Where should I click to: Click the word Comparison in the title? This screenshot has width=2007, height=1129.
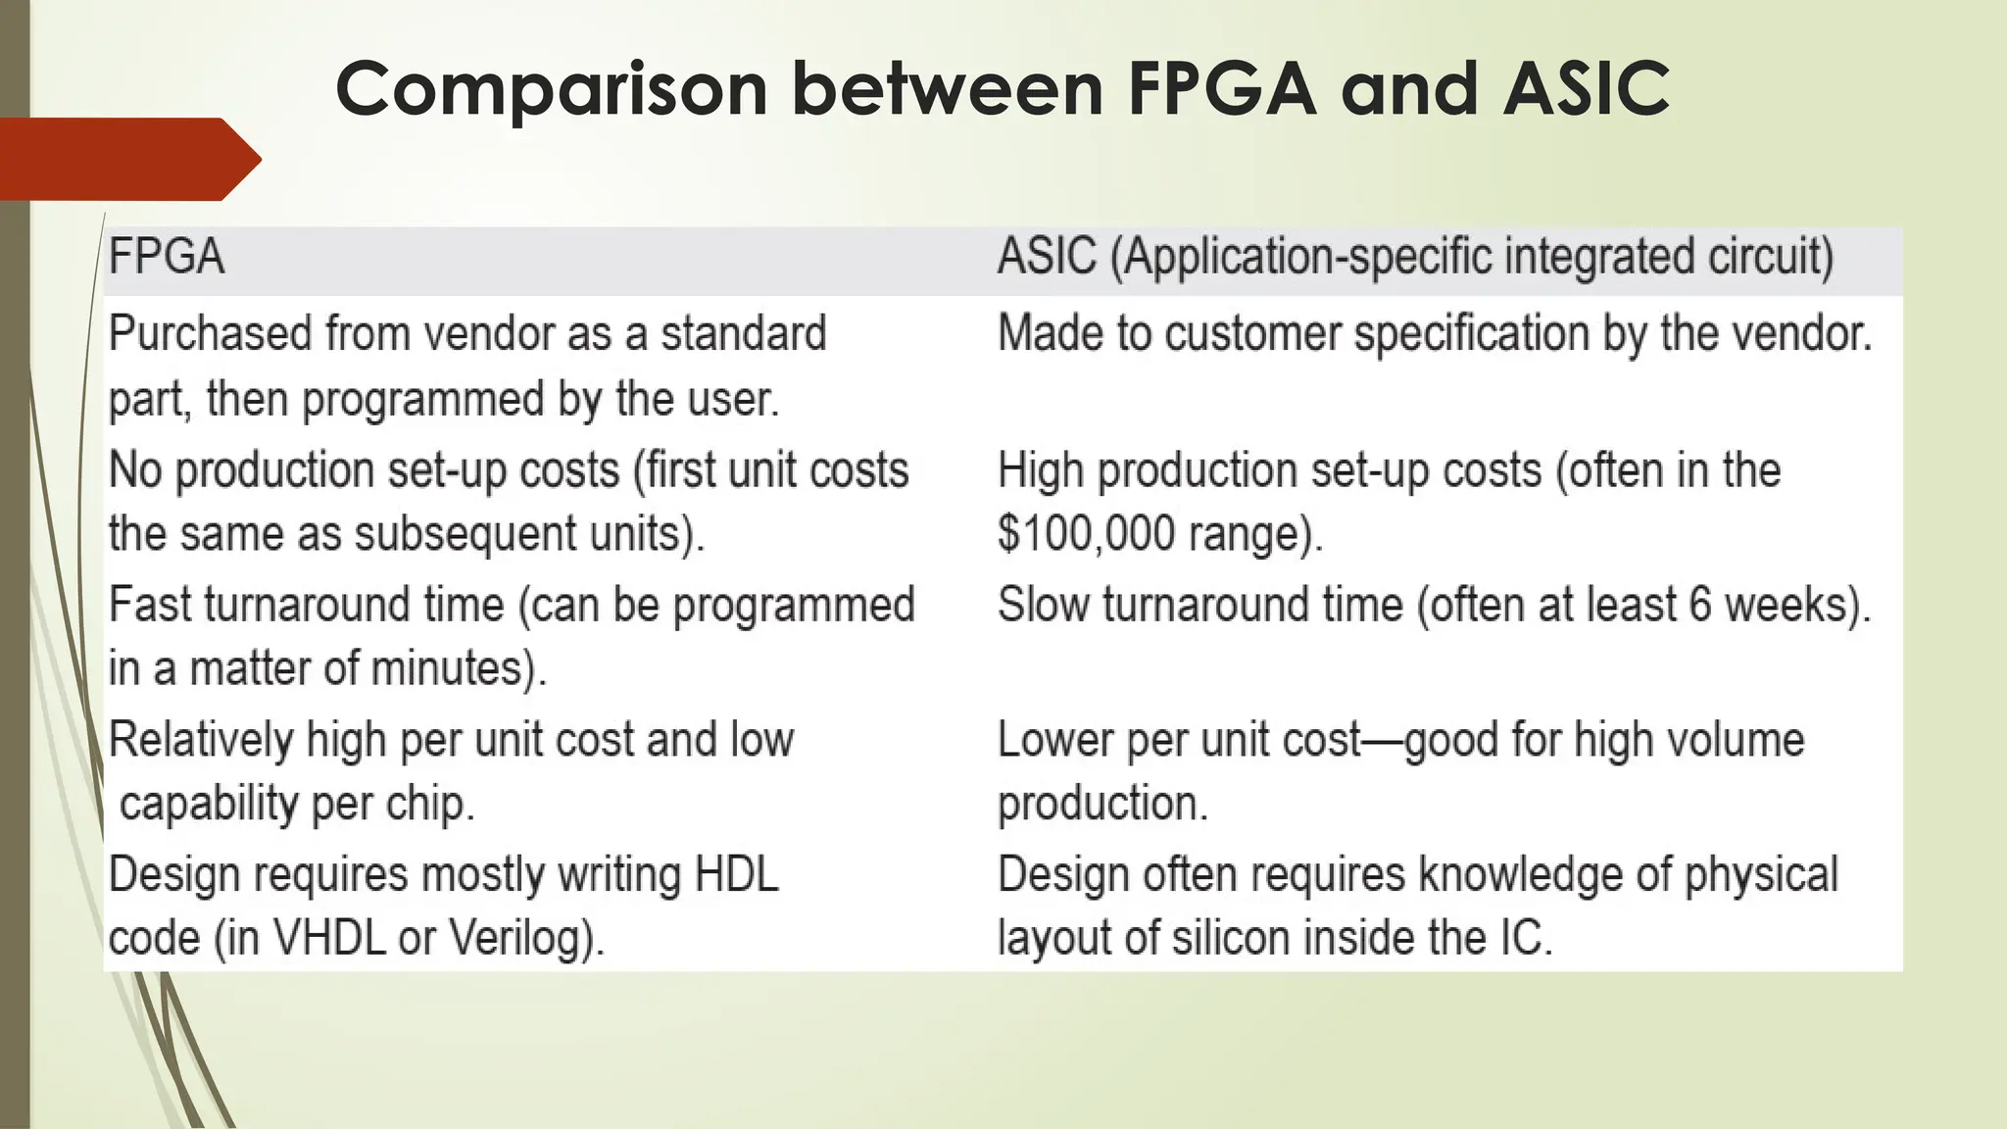552,88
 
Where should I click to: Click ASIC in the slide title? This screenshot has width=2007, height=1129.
1585,88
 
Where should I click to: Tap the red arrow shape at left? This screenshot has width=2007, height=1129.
127,159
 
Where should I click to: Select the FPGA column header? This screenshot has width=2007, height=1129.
167,258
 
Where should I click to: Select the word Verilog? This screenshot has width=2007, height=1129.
524,938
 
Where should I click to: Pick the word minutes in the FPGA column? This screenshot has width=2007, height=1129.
455,669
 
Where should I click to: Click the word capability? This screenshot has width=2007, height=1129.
209,805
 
